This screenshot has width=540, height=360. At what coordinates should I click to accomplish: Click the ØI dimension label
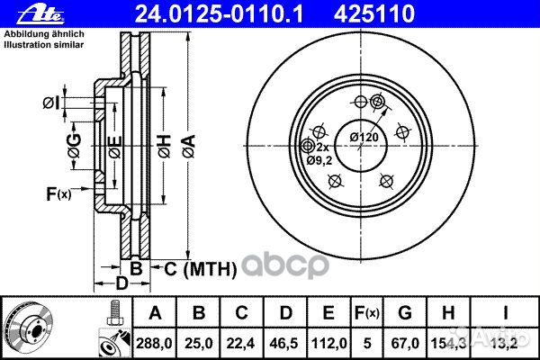coord(53,103)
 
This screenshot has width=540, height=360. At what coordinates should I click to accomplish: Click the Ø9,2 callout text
coord(320,160)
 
